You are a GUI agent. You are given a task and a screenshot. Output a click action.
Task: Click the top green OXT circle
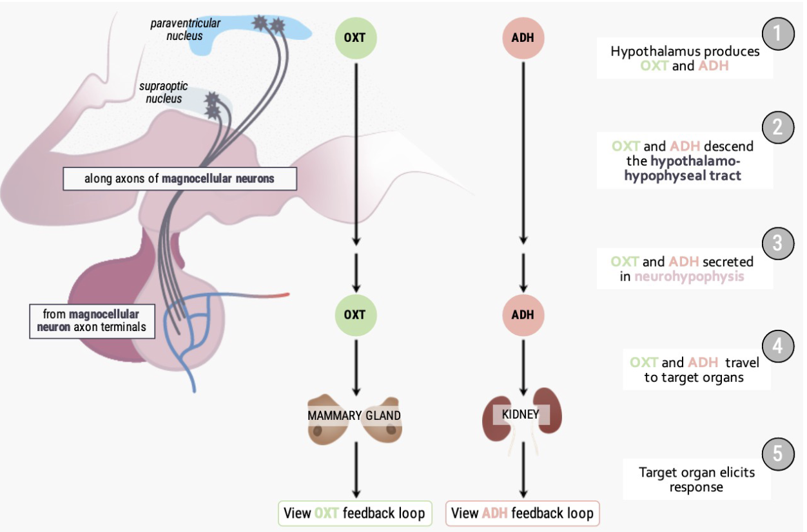tap(355, 37)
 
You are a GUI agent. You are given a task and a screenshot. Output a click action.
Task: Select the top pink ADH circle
tap(523, 37)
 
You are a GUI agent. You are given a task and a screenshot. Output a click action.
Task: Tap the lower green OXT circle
tap(355, 315)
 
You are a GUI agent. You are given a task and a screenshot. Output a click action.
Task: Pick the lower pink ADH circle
tap(523, 315)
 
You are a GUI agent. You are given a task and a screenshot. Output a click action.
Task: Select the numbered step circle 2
tap(778, 126)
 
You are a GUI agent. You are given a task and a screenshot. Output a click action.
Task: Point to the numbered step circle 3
tap(778, 243)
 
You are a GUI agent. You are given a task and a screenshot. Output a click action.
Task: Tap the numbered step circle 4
tap(778, 346)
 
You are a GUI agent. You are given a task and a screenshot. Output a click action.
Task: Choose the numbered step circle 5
tap(778, 453)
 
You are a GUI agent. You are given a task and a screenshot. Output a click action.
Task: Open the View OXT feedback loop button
tap(355, 513)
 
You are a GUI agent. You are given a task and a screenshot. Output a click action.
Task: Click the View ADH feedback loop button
tap(522, 513)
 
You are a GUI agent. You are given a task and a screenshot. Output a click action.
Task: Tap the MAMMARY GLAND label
tap(355, 415)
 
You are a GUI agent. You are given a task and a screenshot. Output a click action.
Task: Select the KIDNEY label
tap(520, 414)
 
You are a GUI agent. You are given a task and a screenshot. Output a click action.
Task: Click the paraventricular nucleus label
tap(185, 30)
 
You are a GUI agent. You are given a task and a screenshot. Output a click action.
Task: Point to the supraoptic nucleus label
tap(160, 92)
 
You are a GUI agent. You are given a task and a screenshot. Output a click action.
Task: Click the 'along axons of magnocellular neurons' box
tap(179, 178)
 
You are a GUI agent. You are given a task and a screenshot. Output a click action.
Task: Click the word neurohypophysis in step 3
tap(689, 276)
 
